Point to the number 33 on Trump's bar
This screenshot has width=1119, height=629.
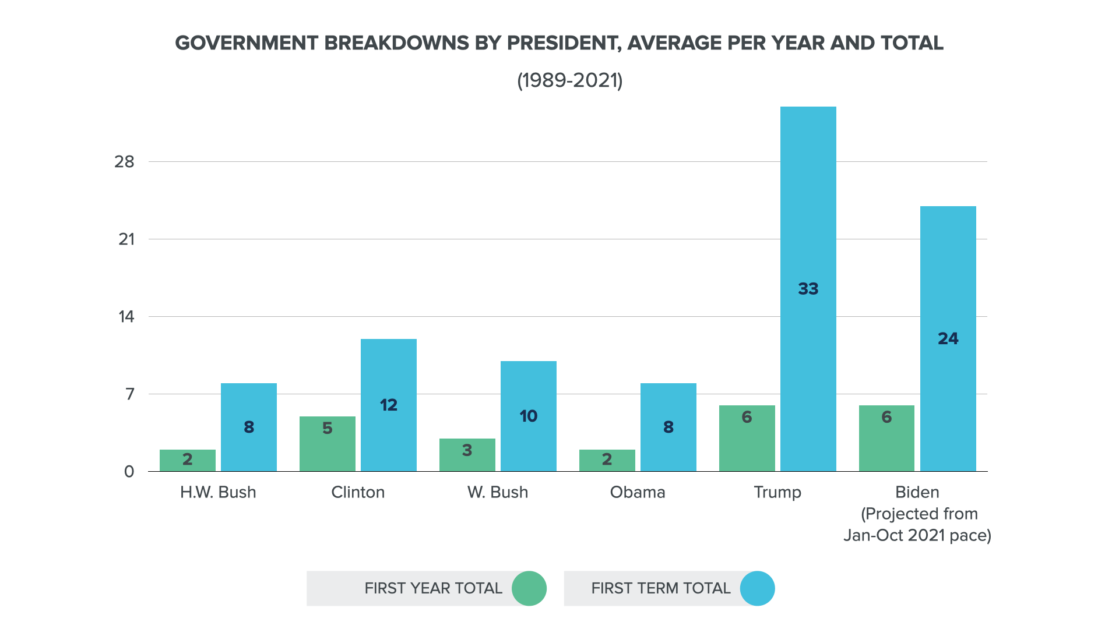coord(808,289)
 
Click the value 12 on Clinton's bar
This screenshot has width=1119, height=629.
coord(388,405)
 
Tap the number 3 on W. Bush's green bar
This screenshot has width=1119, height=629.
coord(467,450)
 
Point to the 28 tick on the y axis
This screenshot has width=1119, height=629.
coord(124,162)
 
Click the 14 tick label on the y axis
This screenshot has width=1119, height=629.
coord(126,317)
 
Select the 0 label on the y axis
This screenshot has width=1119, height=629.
coord(129,472)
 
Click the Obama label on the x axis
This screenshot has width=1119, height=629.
coord(637,492)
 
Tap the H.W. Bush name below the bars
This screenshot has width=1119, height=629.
coord(218,492)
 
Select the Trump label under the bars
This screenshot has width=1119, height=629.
coord(777,492)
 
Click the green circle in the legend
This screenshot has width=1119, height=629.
coord(529,588)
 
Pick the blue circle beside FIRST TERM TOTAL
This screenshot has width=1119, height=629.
coord(757,588)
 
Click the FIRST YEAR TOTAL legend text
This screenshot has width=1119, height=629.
coord(433,588)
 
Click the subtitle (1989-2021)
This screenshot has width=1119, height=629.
coord(569,80)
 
